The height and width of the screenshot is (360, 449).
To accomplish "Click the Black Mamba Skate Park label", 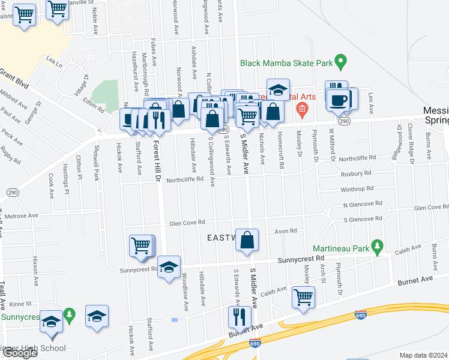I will click(286, 62).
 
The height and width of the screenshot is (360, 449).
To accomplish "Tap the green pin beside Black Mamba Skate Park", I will click(341, 61).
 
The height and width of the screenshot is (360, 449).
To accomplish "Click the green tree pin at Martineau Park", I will click(377, 246).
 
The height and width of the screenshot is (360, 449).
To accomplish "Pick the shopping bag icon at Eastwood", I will click(247, 240).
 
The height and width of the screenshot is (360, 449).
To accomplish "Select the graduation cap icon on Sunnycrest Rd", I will click(169, 266).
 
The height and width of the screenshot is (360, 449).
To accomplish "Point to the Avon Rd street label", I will click(286, 231).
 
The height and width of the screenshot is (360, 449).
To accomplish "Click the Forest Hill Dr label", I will click(156, 162).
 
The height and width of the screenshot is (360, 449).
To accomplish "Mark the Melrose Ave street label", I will click(22, 215).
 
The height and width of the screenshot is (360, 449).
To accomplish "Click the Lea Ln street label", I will click(55, 61).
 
